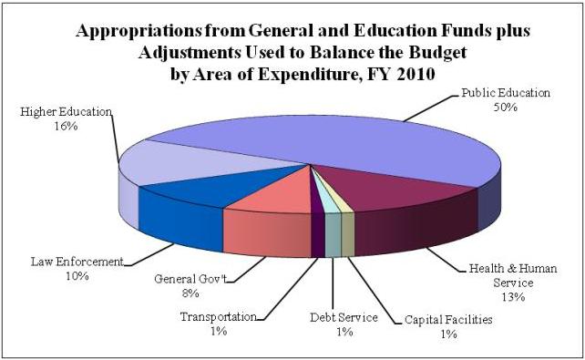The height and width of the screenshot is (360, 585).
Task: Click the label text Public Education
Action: pos(506,93)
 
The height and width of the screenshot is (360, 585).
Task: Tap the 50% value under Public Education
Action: pos(506,107)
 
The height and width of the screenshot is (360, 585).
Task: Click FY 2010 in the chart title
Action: pos(405,75)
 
